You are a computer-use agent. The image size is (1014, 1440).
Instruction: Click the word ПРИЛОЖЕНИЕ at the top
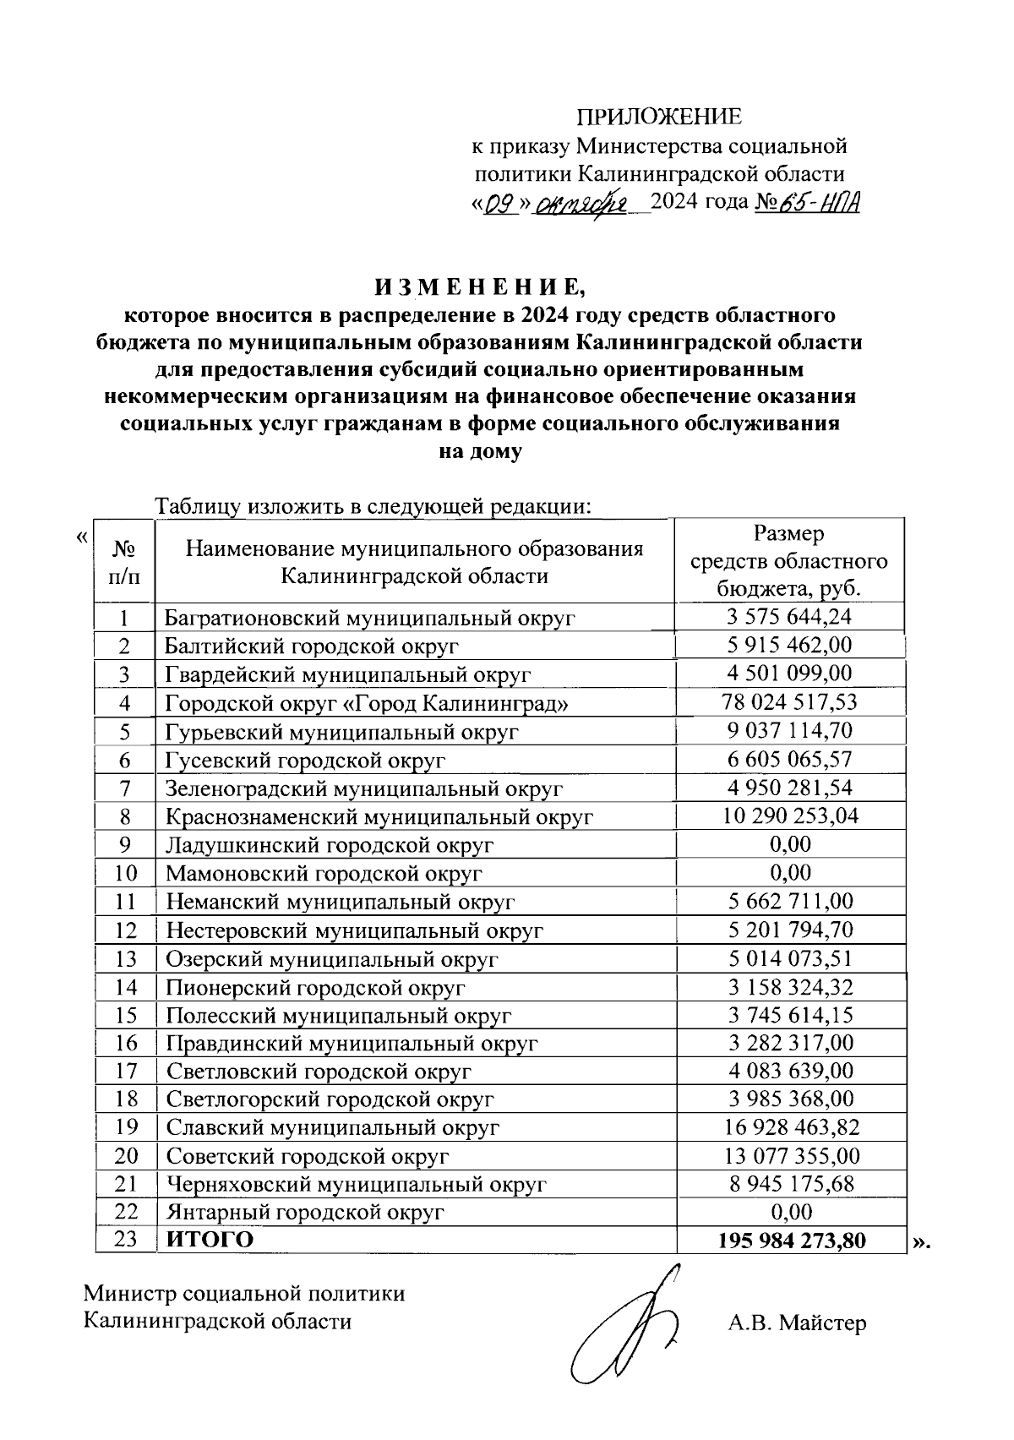click(659, 117)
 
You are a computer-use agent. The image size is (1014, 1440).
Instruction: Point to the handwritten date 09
click(500, 204)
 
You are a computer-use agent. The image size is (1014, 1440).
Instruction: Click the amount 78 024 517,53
click(789, 702)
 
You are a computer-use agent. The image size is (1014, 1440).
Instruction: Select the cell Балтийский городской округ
click(312, 646)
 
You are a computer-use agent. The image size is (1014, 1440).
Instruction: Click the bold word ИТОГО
click(210, 1240)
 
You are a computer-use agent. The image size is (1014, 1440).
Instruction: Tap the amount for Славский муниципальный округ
click(791, 1127)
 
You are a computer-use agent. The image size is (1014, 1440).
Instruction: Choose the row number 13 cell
click(125, 958)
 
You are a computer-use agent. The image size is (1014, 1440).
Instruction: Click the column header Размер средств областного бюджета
click(789, 561)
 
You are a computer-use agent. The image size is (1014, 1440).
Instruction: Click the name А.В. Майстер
click(797, 1323)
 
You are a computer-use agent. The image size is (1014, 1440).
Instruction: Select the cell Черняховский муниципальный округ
click(356, 1184)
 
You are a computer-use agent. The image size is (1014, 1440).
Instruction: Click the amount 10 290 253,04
click(790, 816)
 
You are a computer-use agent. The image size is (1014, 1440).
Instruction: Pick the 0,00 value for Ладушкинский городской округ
click(790, 844)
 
